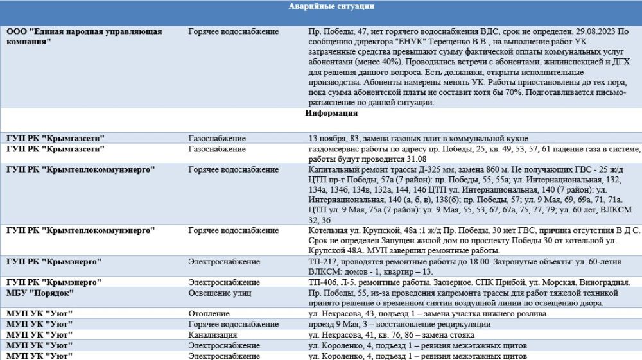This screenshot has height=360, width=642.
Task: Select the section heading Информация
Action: pos(331,113)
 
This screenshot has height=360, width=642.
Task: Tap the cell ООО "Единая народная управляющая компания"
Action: pos(84,36)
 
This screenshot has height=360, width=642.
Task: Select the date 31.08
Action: pos(415,159)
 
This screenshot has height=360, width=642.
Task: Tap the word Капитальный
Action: pos(333,169)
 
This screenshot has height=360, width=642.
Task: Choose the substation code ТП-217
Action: pos(322,261)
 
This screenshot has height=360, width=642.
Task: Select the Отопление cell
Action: pos(209,314)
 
